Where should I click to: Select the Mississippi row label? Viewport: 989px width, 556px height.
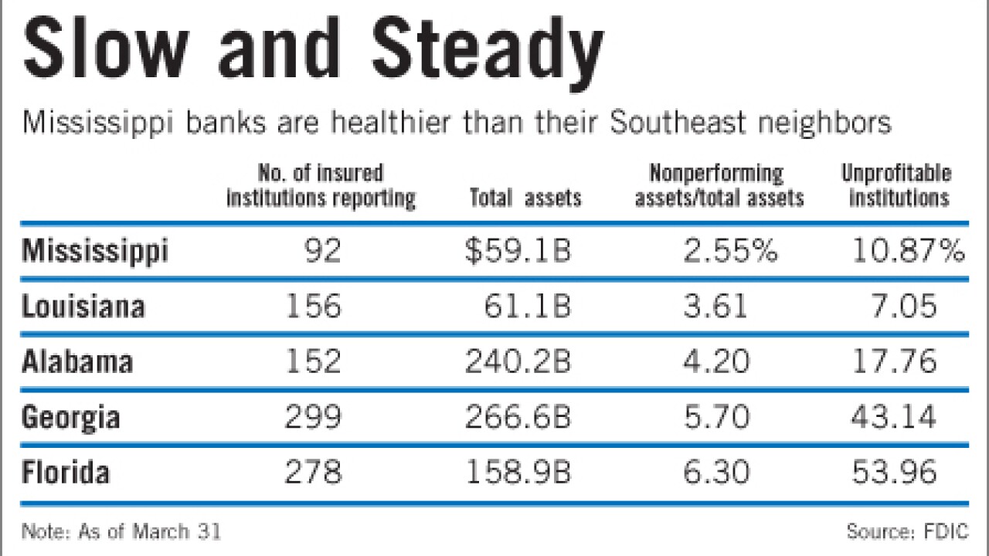point(95,252)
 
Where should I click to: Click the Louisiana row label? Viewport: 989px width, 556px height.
point(83,307)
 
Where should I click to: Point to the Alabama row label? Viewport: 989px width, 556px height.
point(77,361)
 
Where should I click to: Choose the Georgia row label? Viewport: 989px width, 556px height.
point(71,418)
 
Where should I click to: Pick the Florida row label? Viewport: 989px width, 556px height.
point(66,472)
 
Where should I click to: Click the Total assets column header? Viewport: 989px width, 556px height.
point(525,198)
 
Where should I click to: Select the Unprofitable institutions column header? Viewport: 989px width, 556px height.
point(896,186)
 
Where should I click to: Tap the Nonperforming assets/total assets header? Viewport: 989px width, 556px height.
point(719,186)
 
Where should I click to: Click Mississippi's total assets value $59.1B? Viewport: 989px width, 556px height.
point(518,252)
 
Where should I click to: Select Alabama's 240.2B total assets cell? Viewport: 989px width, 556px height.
point(518,361)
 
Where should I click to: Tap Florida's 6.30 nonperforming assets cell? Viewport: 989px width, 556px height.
point(716,472)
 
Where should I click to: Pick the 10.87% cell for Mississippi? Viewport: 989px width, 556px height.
point(909,252)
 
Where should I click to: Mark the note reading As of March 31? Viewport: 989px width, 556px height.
point(122,531)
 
